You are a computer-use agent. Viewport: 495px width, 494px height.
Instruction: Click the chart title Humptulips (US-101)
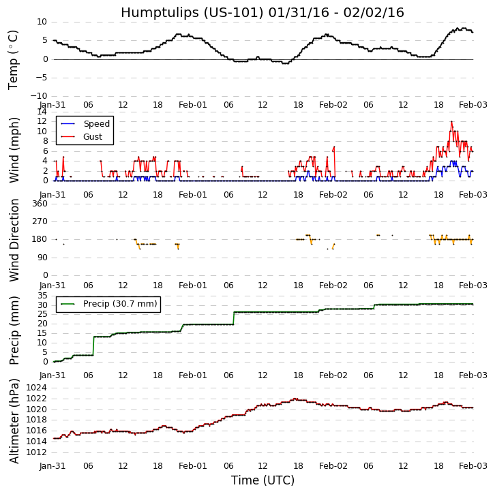click(262, 12)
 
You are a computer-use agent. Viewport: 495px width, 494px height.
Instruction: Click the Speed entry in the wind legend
click(96, 124)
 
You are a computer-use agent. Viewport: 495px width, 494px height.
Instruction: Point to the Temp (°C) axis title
click(14, 59)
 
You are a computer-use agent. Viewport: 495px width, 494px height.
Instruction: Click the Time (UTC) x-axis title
click(262, 480)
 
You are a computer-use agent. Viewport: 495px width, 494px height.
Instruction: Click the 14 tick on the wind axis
click(41, 112)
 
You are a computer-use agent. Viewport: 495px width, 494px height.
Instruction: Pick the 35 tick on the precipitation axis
click(41, 296)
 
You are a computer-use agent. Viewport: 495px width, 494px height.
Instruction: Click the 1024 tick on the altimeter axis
click(35, 388)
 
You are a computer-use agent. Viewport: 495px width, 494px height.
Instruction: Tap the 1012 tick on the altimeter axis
click(35, 452)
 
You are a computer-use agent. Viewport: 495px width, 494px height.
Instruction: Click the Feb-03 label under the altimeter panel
click(472, 466)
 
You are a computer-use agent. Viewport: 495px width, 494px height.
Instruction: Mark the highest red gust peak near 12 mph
click(451, 122)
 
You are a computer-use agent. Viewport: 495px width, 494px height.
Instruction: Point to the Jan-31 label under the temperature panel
click(52, 105)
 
